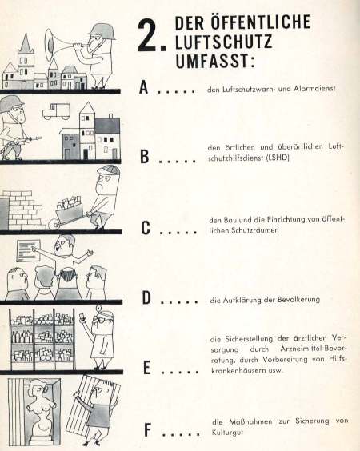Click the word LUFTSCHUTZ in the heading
point(223,42)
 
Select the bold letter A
point(143,87)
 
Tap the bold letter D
point(146,297)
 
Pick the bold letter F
point(147,430)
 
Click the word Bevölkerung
point(298,300)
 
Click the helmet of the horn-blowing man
point(102,31)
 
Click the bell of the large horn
point(51,45)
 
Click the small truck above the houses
point(57,111)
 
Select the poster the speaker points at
point(29,250)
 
